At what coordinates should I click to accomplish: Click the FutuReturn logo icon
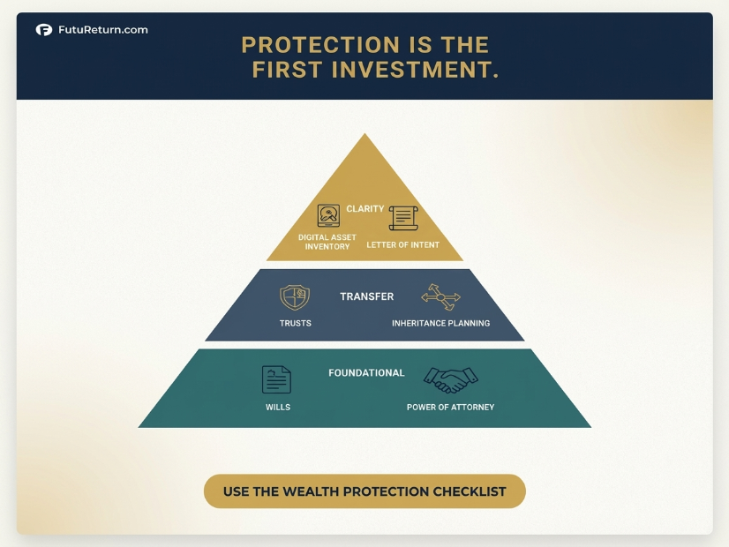[x=44, y=30]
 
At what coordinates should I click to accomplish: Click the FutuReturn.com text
[x=103, y=30]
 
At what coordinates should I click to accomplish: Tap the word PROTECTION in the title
[x=320, y=45]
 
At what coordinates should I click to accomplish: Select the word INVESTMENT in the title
[x=415, y=70]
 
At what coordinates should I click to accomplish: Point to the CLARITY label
[x=365, y=209]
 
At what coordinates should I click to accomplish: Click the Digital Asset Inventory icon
[x=328, y=215]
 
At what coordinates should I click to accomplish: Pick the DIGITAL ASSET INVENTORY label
[x=327, y=242]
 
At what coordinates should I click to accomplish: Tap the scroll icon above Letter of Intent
[x=403, y=218]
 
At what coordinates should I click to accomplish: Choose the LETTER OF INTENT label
[x=402, y=245]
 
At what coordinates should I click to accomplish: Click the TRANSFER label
[x=367, y=296]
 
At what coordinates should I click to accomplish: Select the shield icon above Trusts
[x=295, y=297]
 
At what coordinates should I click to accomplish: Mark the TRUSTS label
[x=296, y=323]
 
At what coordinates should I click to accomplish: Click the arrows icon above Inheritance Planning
[x=440, y=297]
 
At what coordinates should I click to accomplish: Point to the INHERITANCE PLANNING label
[x=440, y=323]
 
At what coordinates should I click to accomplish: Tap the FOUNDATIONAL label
[x=366, y=372]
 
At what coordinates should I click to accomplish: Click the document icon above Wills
[x=276, y=379]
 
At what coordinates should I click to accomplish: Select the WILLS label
[x=278, y=407]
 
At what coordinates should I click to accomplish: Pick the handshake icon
[x=450, y=380]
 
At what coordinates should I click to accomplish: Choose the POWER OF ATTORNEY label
[x=450, y=407]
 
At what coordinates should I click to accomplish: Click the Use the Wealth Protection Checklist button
[x=364, y=491]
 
